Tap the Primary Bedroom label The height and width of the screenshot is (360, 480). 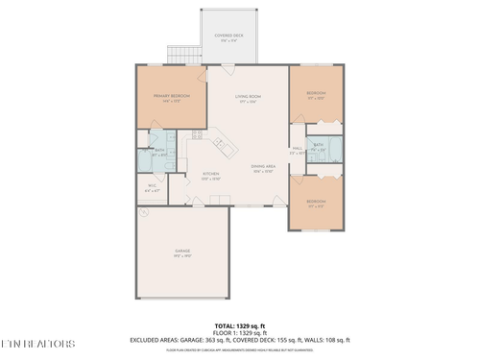(x=168, y=98)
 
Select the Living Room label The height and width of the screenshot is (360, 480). (x=249, y=99)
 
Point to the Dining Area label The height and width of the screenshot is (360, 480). (x=264, y=169)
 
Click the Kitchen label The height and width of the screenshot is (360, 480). (x=211, y=177)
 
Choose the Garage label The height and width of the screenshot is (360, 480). (x=182, y=253)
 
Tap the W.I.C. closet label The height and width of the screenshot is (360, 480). (x=152, y=187)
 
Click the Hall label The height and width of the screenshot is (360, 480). (x=298, y=150)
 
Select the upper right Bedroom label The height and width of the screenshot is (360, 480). (x=316, y=95)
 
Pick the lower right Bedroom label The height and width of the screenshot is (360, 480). (x=316, y=203)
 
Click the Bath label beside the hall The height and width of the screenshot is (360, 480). (x=318, y=147)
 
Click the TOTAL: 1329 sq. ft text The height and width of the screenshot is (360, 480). (x=240, y=326)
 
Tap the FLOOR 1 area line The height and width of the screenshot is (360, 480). (x=240, y=333)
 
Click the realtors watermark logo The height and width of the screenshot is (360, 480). (x=38, y=343)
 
